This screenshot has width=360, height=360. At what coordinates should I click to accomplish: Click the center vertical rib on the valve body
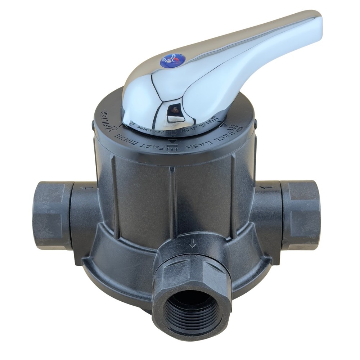(173, 202)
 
